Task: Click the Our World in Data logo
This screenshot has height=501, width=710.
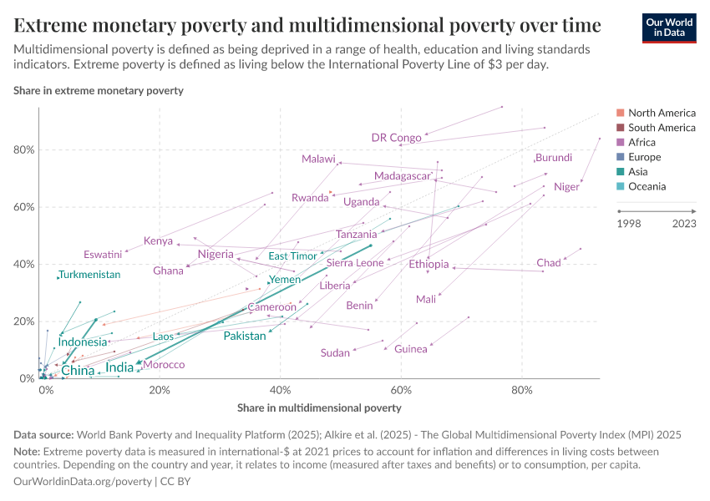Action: pos(668,27)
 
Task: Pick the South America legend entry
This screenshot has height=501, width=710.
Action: pos(661,128)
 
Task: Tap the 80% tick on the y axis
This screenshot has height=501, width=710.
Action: pos(23,150)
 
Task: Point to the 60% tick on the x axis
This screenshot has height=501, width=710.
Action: pos(401,390)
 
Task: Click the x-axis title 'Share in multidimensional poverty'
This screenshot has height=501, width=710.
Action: pos(319,408)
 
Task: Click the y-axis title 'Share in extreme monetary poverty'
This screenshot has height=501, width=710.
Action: pos(99,90)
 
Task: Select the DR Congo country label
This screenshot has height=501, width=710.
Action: pos(396,138)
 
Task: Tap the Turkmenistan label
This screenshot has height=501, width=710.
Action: pos(89,275)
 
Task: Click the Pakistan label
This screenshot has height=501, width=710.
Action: pos(244,336)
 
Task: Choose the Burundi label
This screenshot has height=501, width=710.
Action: pos(554,158)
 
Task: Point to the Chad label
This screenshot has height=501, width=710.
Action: pos(548,264)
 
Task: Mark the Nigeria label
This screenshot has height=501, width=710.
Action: pos(216,255)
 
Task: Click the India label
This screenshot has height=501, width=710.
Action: pos(119,367)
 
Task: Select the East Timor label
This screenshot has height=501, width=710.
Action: pos(292,256)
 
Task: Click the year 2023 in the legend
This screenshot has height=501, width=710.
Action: pos(684,223)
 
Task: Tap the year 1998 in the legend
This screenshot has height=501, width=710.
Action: pos(629,223)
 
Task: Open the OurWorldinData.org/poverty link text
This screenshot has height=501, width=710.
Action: pos(83,482)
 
